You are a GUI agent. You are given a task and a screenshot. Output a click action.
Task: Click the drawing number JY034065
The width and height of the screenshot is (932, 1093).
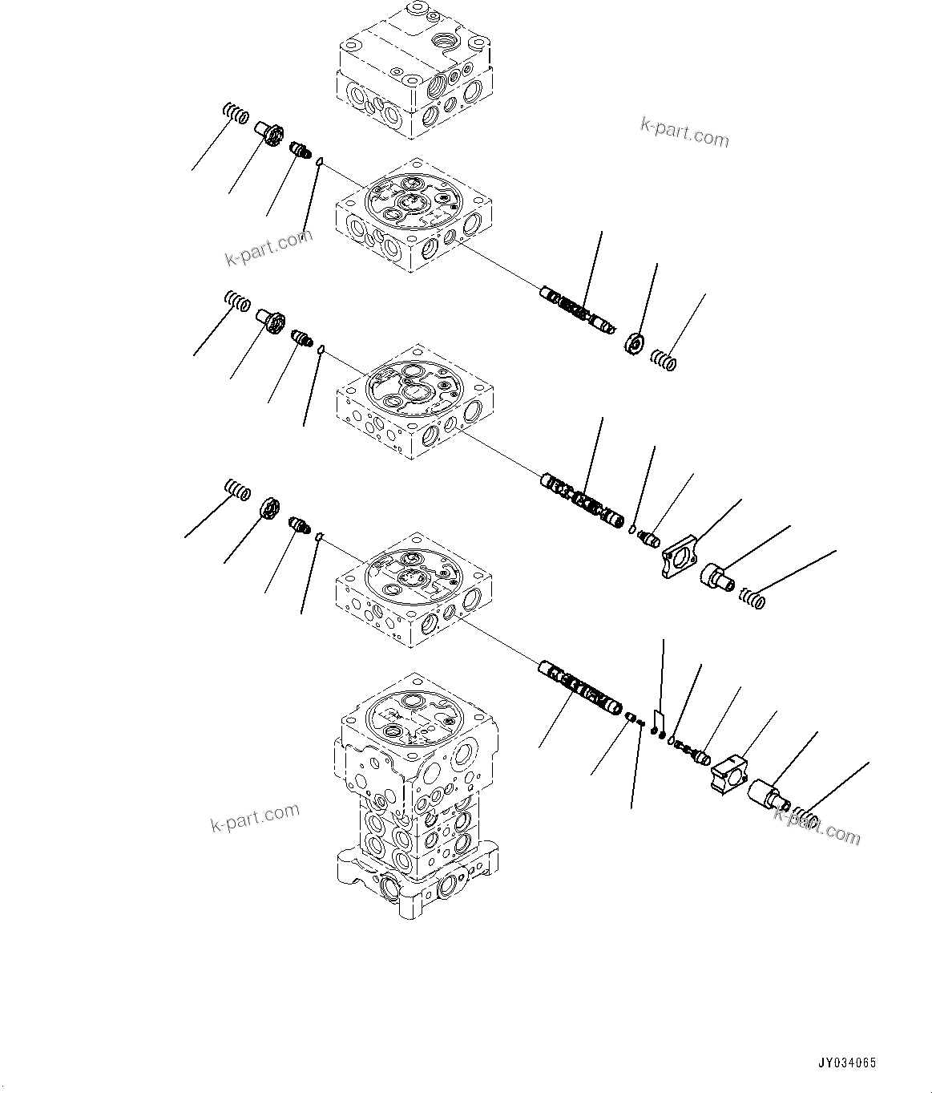(847, 1063)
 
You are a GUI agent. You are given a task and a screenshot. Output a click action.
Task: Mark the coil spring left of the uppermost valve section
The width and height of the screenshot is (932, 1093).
(235, 114)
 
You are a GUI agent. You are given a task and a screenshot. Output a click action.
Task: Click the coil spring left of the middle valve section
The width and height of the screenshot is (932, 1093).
(236, 302)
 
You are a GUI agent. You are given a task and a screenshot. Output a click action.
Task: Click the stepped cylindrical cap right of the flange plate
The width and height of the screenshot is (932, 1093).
(717, 577)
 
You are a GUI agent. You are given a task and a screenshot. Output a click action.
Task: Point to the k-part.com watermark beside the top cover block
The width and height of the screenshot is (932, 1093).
(684, 133)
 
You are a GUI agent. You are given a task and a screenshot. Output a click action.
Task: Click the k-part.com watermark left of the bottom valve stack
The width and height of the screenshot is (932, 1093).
(255, 818)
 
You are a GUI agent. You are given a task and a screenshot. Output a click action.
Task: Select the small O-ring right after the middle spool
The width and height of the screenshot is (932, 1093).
(631, 529)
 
